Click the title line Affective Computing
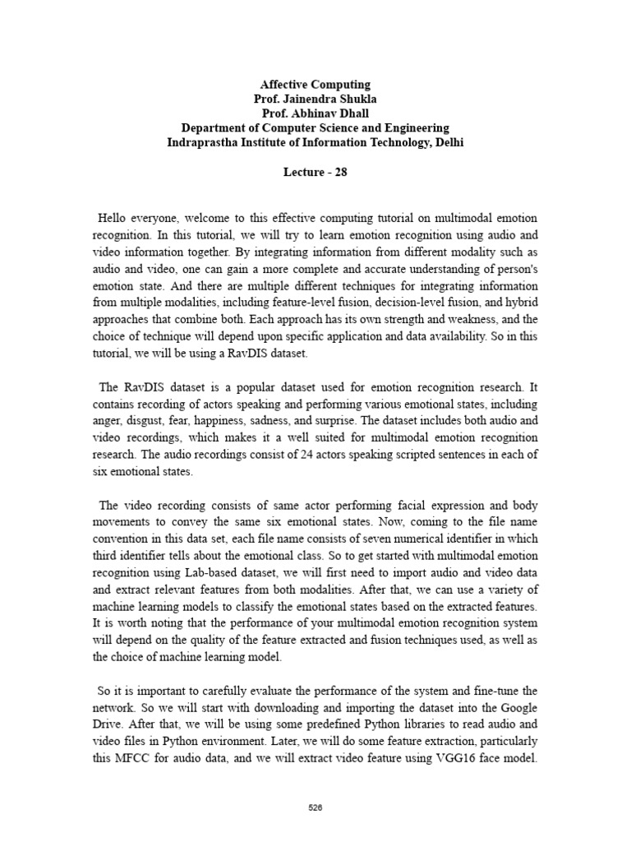point(315,85)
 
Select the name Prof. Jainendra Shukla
point(315,99)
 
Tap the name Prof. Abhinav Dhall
point(315,113)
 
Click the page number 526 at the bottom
point(315,807)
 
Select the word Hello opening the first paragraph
point(114,218)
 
